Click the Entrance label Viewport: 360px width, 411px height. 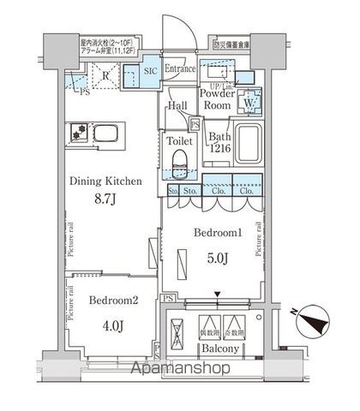181,68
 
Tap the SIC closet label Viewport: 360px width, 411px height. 149,69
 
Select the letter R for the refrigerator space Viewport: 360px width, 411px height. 104,74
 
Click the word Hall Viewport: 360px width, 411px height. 178,105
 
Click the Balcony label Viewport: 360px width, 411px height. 213,350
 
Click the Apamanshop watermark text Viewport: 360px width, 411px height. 182,369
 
